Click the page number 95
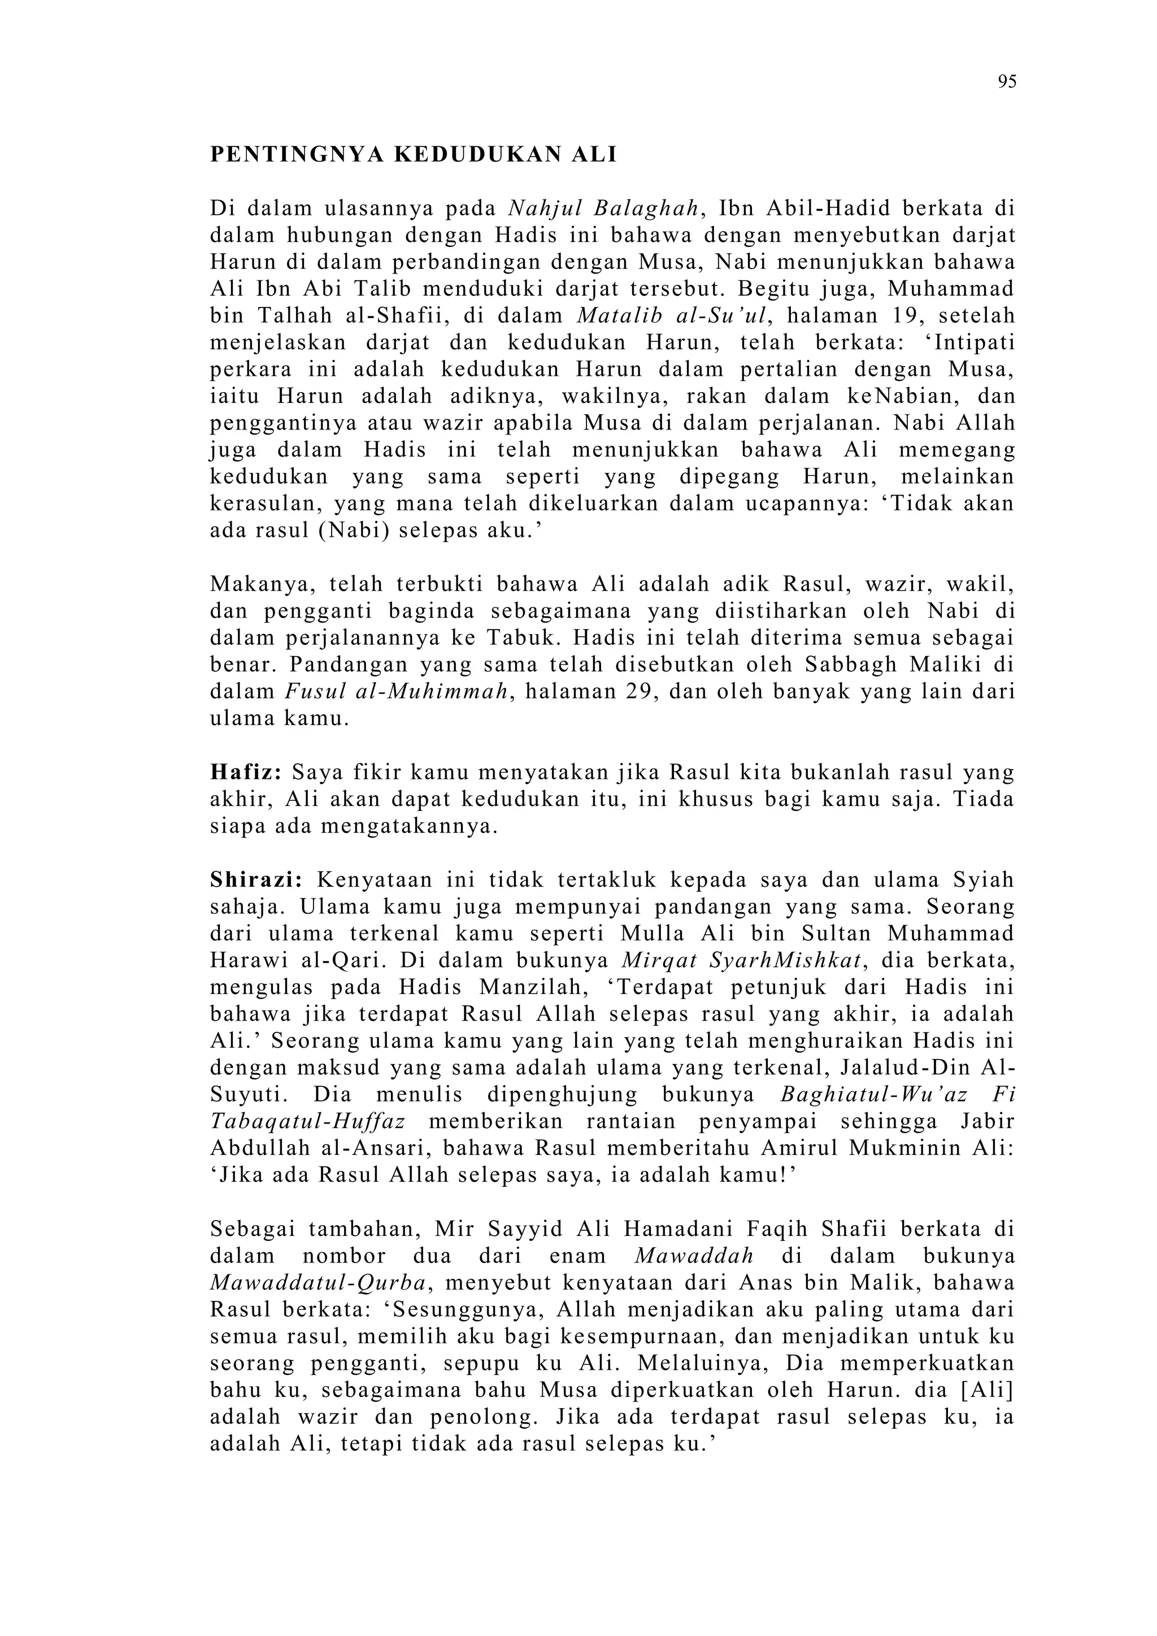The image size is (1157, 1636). (1007, 83)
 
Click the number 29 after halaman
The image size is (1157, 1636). (630, 692)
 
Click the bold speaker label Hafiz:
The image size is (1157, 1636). (246, 773)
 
